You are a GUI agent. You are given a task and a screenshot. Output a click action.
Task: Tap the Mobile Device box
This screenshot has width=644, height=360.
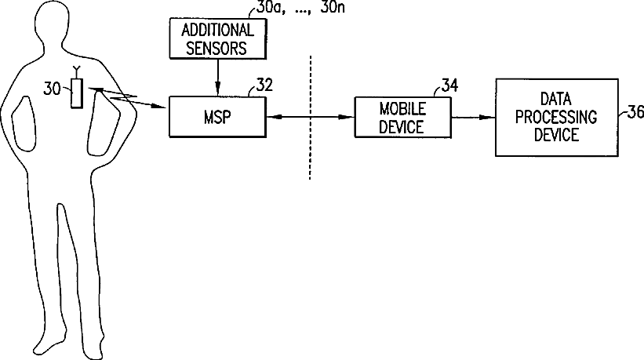(x=402, y=117)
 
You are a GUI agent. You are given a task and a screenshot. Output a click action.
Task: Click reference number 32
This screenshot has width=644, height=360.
(x=264, y=85)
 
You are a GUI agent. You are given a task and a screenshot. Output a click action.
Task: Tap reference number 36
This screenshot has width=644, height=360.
(x=636, y=112)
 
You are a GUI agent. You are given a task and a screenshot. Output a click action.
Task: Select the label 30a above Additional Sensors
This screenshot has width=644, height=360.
(x=271, y=11)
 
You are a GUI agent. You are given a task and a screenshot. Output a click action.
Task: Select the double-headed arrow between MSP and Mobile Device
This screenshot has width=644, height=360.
(x=311, y=117)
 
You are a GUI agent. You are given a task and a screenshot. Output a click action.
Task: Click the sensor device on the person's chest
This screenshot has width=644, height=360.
(x=77, y=95)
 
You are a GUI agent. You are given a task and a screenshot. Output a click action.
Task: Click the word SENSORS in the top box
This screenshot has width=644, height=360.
(x=217, y=47)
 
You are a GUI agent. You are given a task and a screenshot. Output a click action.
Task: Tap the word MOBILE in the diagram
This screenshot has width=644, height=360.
(x=402, y=108)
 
